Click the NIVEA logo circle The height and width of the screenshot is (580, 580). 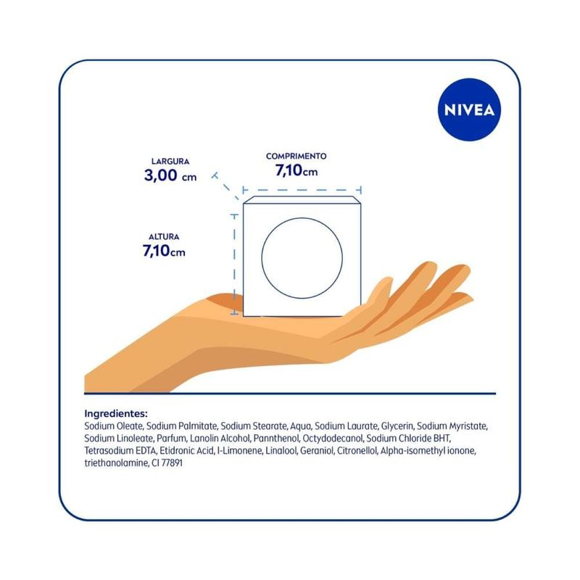(469, 109)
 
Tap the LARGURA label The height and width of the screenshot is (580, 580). (170, 161)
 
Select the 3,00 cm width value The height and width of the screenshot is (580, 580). (170, 175)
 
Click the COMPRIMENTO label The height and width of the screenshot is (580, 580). (297, 156)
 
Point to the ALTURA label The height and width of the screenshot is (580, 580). (164, 237)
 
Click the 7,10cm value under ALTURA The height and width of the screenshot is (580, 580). (164, 251)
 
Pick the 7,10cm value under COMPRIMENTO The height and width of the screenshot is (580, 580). (297, 170)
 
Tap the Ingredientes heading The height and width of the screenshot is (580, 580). (116, 413)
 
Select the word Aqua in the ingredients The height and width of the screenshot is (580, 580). (300, 426)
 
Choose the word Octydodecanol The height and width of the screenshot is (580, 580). (332, 439)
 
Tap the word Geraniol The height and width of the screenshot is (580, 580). (316, 450)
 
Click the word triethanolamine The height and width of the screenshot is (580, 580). (116, 463)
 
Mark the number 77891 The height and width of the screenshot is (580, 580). (172, 463)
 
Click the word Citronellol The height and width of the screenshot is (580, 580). (357, 450)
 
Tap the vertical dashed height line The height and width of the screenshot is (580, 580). (234, 264)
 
